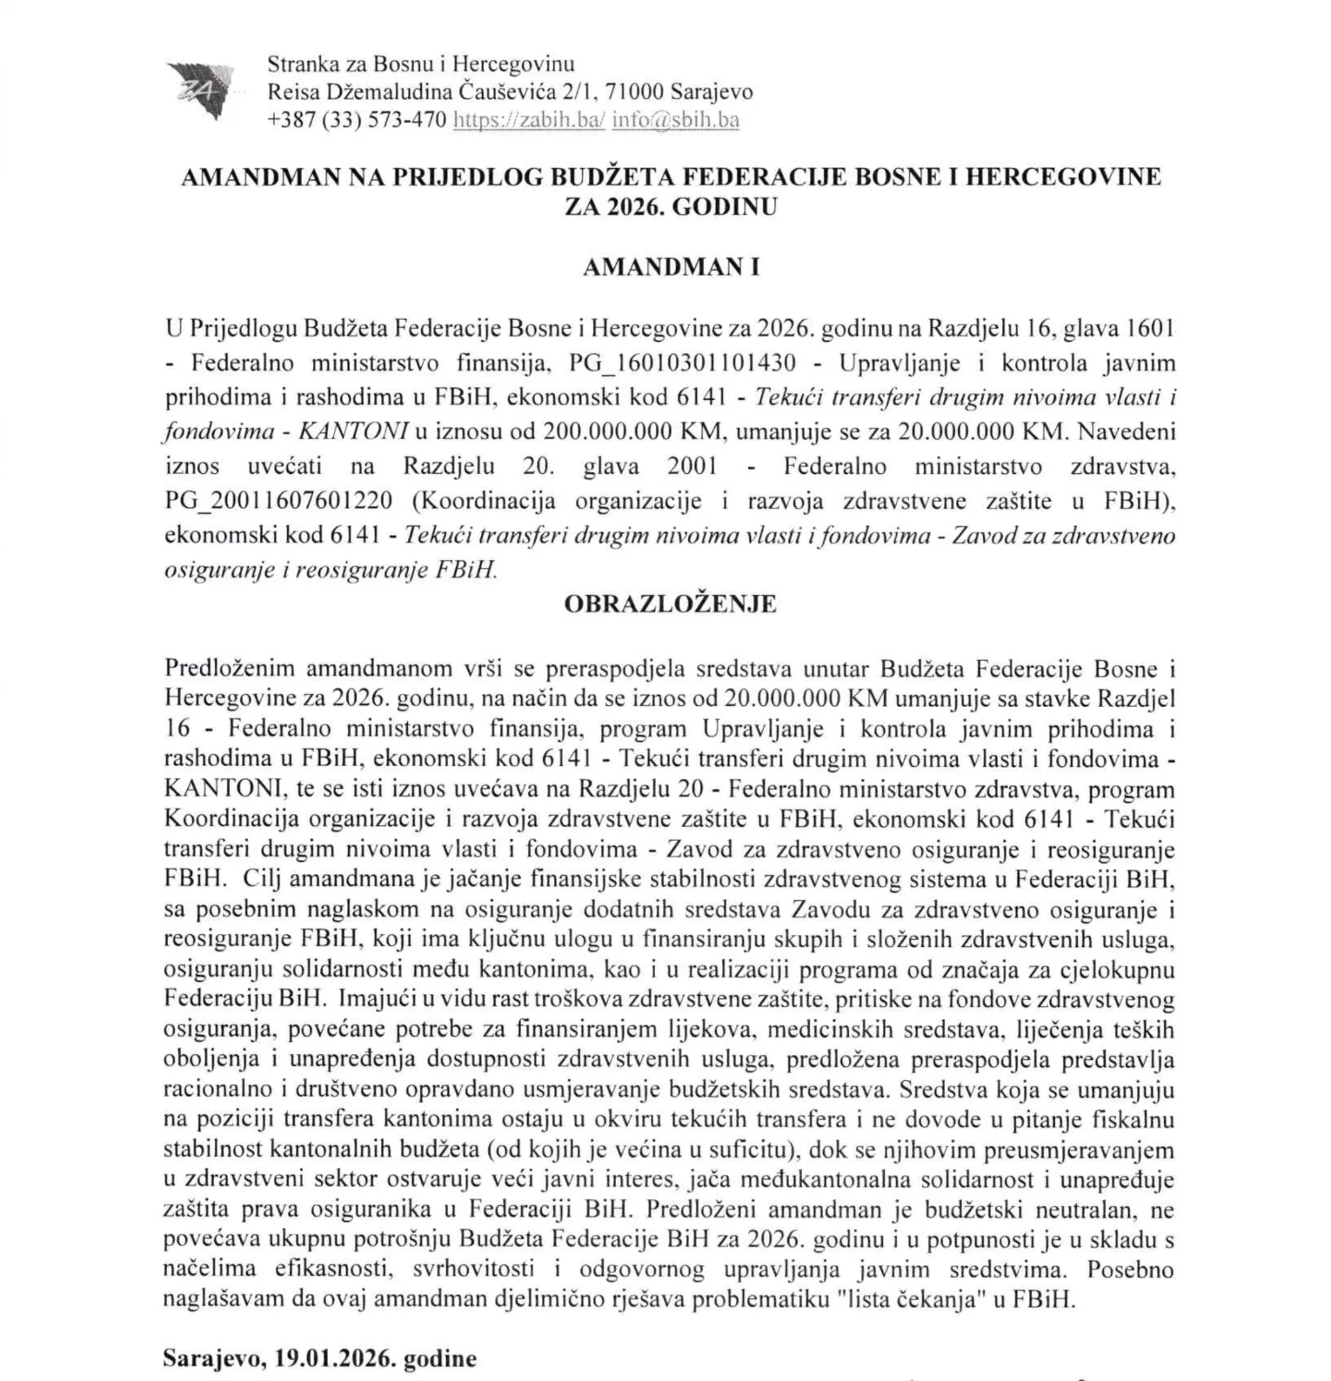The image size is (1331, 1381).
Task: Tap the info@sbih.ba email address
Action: click(x=675, y=120)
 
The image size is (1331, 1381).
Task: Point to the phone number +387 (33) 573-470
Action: click(x=358, y=120)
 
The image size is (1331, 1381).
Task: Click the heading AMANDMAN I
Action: click(x=671, y=267)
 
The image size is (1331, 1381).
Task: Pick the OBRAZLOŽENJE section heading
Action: click(x=670, y=604)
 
